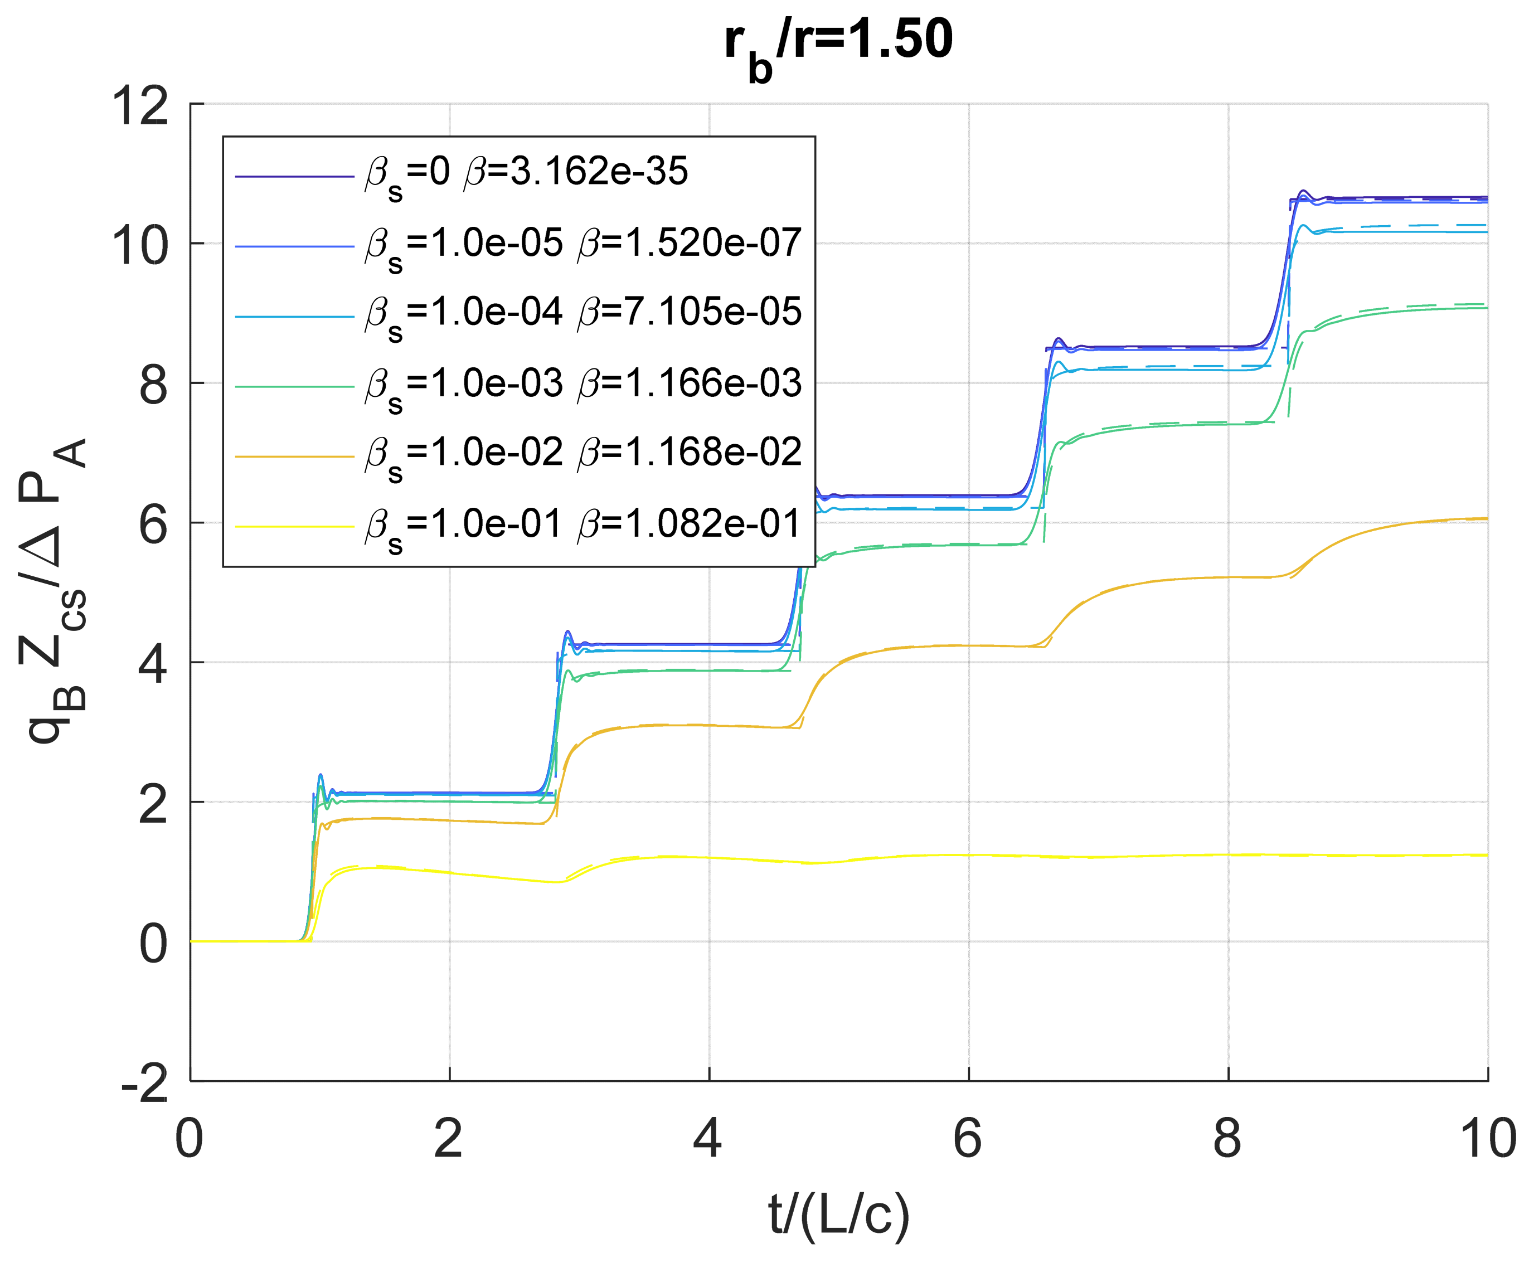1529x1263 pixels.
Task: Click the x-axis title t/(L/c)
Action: pos(838,1215)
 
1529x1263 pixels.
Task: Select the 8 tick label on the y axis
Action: pos(153,385)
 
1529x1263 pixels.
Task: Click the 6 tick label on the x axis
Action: pos(968,1139)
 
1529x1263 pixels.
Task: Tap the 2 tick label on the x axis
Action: pos(448,1139)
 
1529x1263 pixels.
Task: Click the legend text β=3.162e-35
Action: pos(575,172)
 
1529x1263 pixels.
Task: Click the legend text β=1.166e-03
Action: pos(689,383)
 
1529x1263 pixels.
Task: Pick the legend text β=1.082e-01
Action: pos(689,524)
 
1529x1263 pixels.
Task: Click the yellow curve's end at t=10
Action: pos(1486,855)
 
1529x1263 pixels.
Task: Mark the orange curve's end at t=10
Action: pos(1486,519)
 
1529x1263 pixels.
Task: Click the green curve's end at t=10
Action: pos(1486,308)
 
